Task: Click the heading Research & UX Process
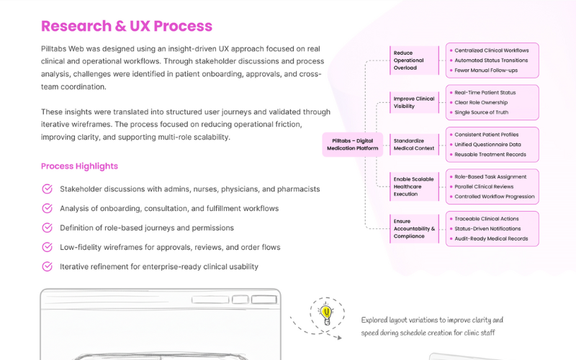(x=127, y=27)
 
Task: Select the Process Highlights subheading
(x=79, y=166)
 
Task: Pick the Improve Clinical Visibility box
(x=413, y=102)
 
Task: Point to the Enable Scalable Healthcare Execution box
(x=413, y=186)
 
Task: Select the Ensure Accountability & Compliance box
(x=413, y=228)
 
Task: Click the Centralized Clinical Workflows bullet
(x=492, y=50)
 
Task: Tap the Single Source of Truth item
(x=482, y=112)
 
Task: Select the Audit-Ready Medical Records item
(x=491, y=238)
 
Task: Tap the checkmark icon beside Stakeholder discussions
(x=48, y=189)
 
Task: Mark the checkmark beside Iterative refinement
(x=48, y=266)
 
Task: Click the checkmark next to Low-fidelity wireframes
(x=48, y=247)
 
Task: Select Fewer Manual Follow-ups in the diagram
(x=487, y=71)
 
